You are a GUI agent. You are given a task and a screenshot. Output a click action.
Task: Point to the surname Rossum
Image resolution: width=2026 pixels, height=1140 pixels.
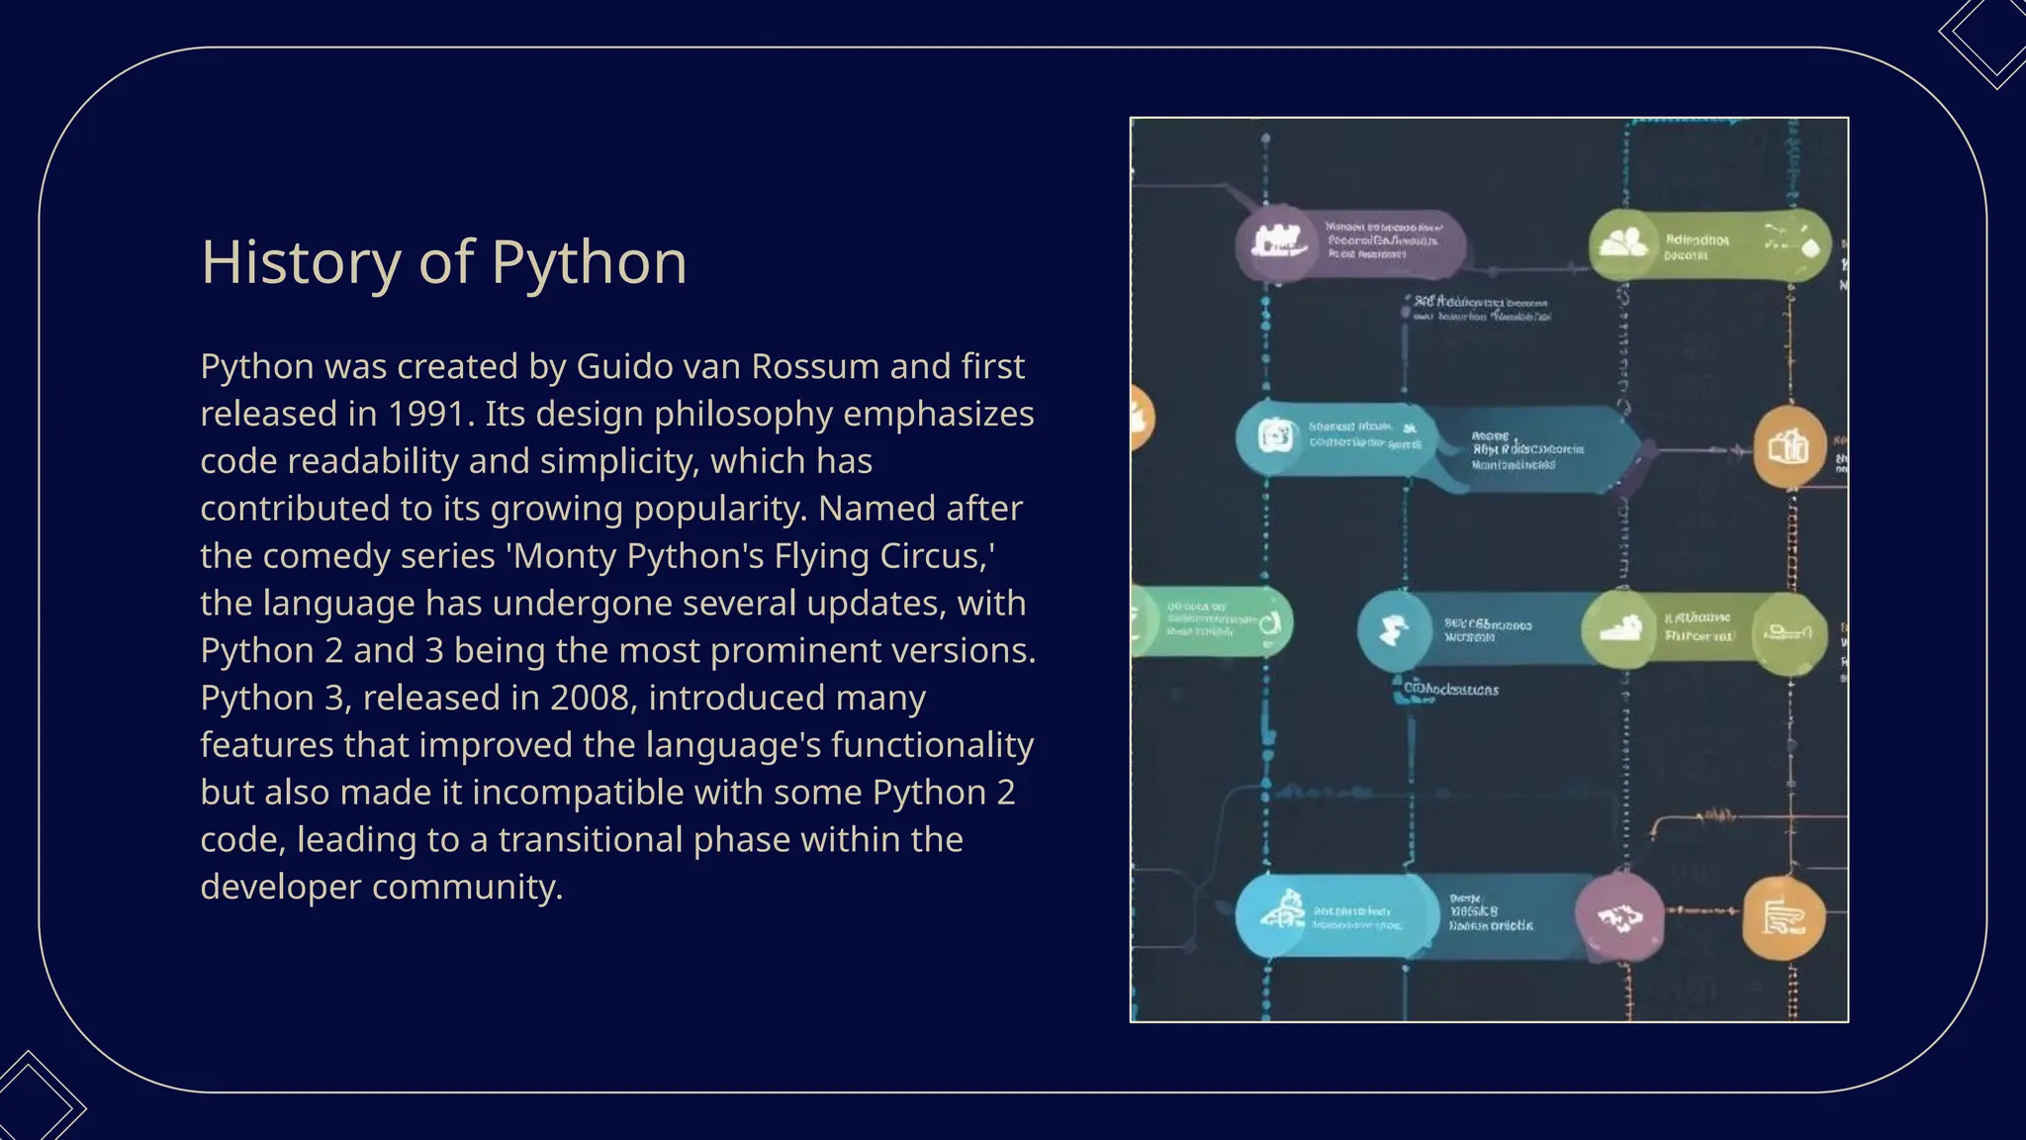[x=815, y=366]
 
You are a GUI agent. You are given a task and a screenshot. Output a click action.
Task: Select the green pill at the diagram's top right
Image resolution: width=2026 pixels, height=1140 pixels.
[x=1708, y=244]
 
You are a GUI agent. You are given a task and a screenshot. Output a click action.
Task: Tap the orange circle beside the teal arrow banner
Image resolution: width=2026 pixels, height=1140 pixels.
[x=1790, y=448]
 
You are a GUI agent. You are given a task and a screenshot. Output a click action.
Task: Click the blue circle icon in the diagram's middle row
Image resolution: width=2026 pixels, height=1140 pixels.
[x=1394, y=629]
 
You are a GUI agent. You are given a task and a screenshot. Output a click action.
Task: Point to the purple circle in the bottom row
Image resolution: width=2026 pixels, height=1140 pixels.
[x=1618, y=917]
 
